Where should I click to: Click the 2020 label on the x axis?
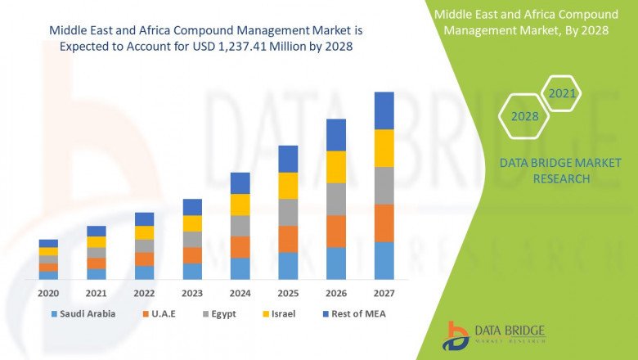(x=48, y=292)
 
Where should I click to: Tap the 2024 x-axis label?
(x=240, y=292)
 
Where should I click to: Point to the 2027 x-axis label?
(x=384, y=292)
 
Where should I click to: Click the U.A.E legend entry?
(x=162, y=313)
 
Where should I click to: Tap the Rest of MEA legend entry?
(x=357, y=313)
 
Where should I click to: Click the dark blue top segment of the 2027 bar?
(x=384, y=110)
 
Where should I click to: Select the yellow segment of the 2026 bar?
(x=336, y=167)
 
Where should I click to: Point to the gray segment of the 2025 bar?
(x=288, y=212)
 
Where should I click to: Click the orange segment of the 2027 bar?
(x=384, y=223)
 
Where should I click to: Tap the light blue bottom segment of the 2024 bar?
(x=240, y=268)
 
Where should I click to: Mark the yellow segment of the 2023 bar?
(x=192, y=223)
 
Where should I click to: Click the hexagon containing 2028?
(x=524, y=116)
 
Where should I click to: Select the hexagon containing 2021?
(x=562, y=94)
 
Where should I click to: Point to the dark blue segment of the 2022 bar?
(x=144, y=219)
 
